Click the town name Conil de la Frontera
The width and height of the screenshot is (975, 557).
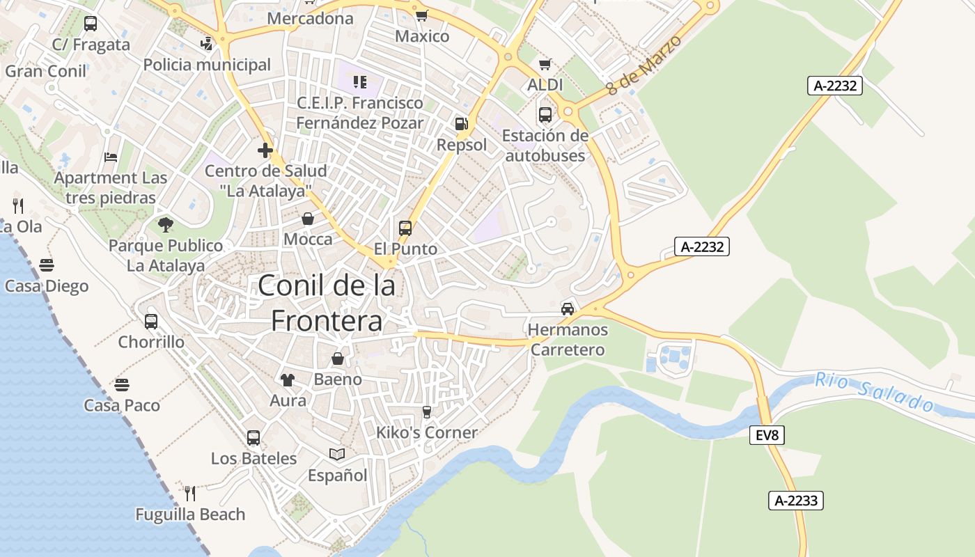click(x=327, y=303)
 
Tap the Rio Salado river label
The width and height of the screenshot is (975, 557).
click(x=875, y=392)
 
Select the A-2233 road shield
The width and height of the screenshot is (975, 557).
click(x=796, y=500)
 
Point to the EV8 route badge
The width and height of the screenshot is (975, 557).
click(x=767, y=436)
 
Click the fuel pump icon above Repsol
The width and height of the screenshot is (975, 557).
click(x=461, y=124)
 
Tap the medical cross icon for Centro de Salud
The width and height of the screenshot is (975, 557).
click(x=265, y=150)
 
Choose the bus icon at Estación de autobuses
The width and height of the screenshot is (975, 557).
click(x=545, y=114)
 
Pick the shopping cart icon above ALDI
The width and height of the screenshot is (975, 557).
click(x=545, y=64)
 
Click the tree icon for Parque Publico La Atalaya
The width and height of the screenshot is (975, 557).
click(x=165, y=224)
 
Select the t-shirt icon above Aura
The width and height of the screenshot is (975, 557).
click(x=287, y=379)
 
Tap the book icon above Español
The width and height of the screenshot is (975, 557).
click(x=337, y=454)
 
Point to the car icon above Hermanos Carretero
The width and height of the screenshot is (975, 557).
click(x=568, y=308)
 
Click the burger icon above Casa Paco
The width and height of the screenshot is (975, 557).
click(x=122, y=384)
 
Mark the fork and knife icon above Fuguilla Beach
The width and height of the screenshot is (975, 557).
click(x=190, y=493)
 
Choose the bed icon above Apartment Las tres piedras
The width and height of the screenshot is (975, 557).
click(x=111, y=157)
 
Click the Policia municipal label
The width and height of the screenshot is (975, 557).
click(x=207, y=65)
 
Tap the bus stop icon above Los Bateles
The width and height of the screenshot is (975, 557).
click(x=253, y=437)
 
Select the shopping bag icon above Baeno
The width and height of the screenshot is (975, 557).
click(x=338, y=359)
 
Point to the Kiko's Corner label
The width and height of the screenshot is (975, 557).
click(x=427, y=432)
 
